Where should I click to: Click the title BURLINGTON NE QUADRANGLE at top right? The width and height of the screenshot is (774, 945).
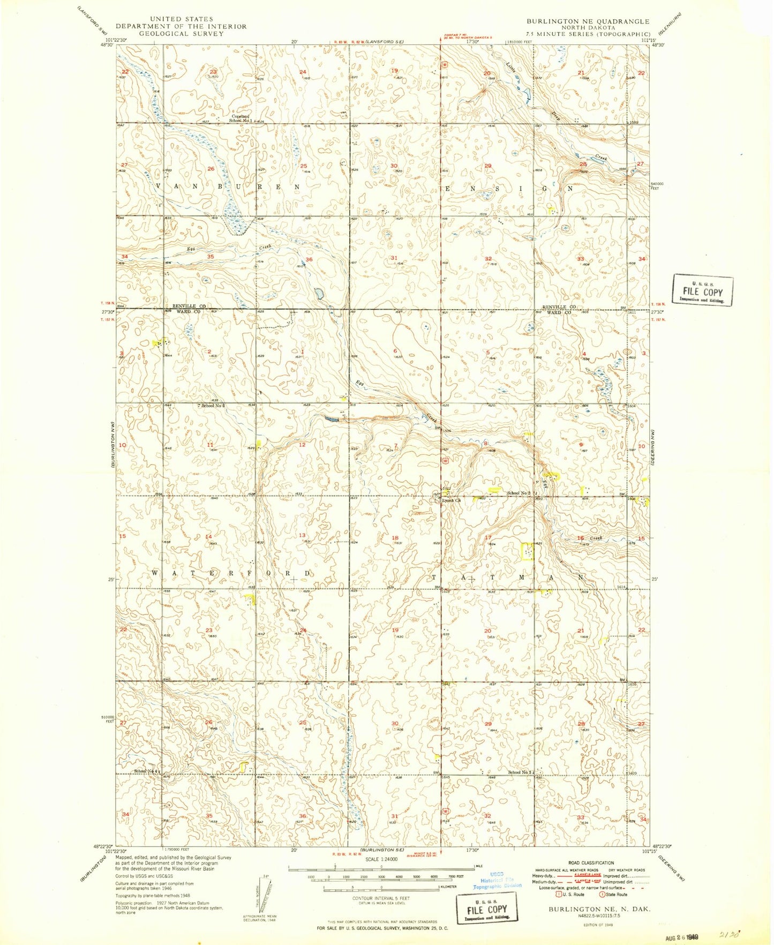(588, 21)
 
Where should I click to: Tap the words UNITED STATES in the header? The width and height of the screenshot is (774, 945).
(181, 19)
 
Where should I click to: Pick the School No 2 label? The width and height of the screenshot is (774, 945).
(518, 493)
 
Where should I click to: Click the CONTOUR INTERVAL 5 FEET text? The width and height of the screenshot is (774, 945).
(381, 898)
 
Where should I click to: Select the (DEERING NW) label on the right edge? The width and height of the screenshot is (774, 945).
(655, 447)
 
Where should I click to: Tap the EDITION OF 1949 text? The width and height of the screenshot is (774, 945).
(598, 925)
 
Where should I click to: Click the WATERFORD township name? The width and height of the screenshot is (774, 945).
(231, 573)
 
